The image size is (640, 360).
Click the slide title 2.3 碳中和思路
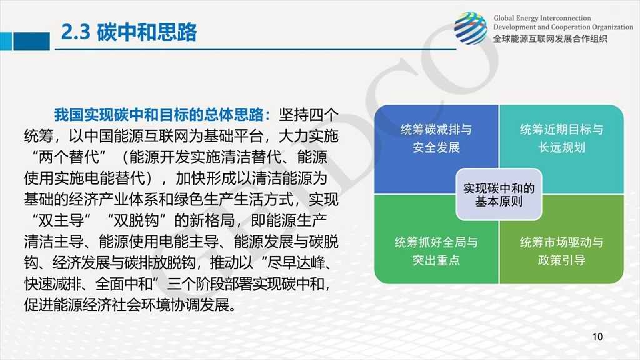point(128,31)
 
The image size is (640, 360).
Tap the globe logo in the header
point(470,29)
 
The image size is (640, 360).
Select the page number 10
point(597,337)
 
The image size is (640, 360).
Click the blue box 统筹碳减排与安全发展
point(436,139)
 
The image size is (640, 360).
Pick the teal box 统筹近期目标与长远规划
point(561,139)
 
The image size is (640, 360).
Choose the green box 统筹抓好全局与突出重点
point(436,251)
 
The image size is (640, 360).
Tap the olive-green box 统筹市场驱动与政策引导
point(561,251)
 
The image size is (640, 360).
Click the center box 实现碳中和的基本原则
point(498,195)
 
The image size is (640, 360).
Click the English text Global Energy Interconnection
point(542,19)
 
